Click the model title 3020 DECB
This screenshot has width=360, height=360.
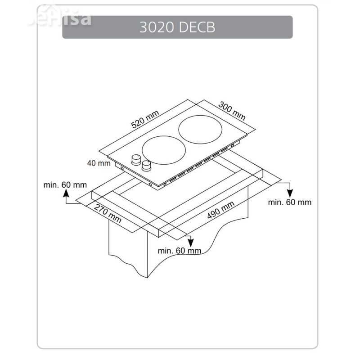pyautogui.click(x=177, y=27)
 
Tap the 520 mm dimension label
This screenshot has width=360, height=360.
pyautogui.click(x=145, y=119)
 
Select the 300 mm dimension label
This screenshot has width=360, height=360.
pyautogui.click(x=232, y=111)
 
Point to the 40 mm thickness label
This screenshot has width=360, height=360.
pyautogui.click(x=99, y=163)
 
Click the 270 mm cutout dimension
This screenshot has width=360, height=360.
pyautogui.click(x=108, y=214)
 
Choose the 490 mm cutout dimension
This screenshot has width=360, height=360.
pyautogui.click(x=220, y=210)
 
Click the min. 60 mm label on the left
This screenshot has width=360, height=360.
pyautogui.click(x=65, y=185)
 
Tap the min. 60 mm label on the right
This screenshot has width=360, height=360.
pyautogui.click(x=290, y=202)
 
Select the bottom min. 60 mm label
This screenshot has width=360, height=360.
pyautogui.click(x=180, y=251)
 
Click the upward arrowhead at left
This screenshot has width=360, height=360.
pyautogui.click(x=66, y=193)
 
